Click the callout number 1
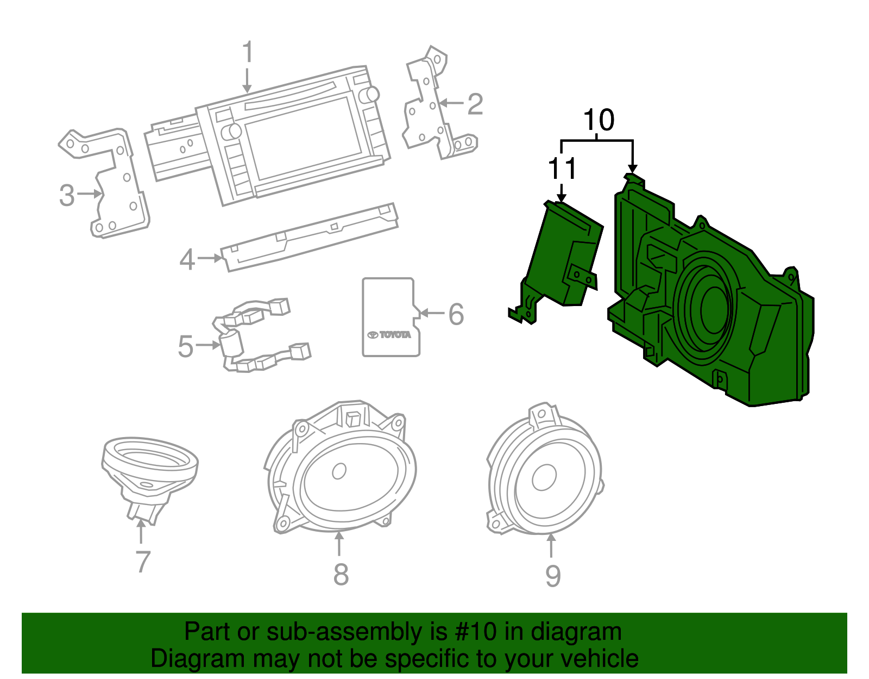(248, 53)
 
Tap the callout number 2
(475, 104)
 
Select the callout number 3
(67, 195)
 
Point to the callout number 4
(187, 259)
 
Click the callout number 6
(456, 314)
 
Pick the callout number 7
(142, 562)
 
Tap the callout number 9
(552, 576)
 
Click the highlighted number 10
(599, 120)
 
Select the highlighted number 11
(562, 169)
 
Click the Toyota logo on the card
(389, 334)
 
